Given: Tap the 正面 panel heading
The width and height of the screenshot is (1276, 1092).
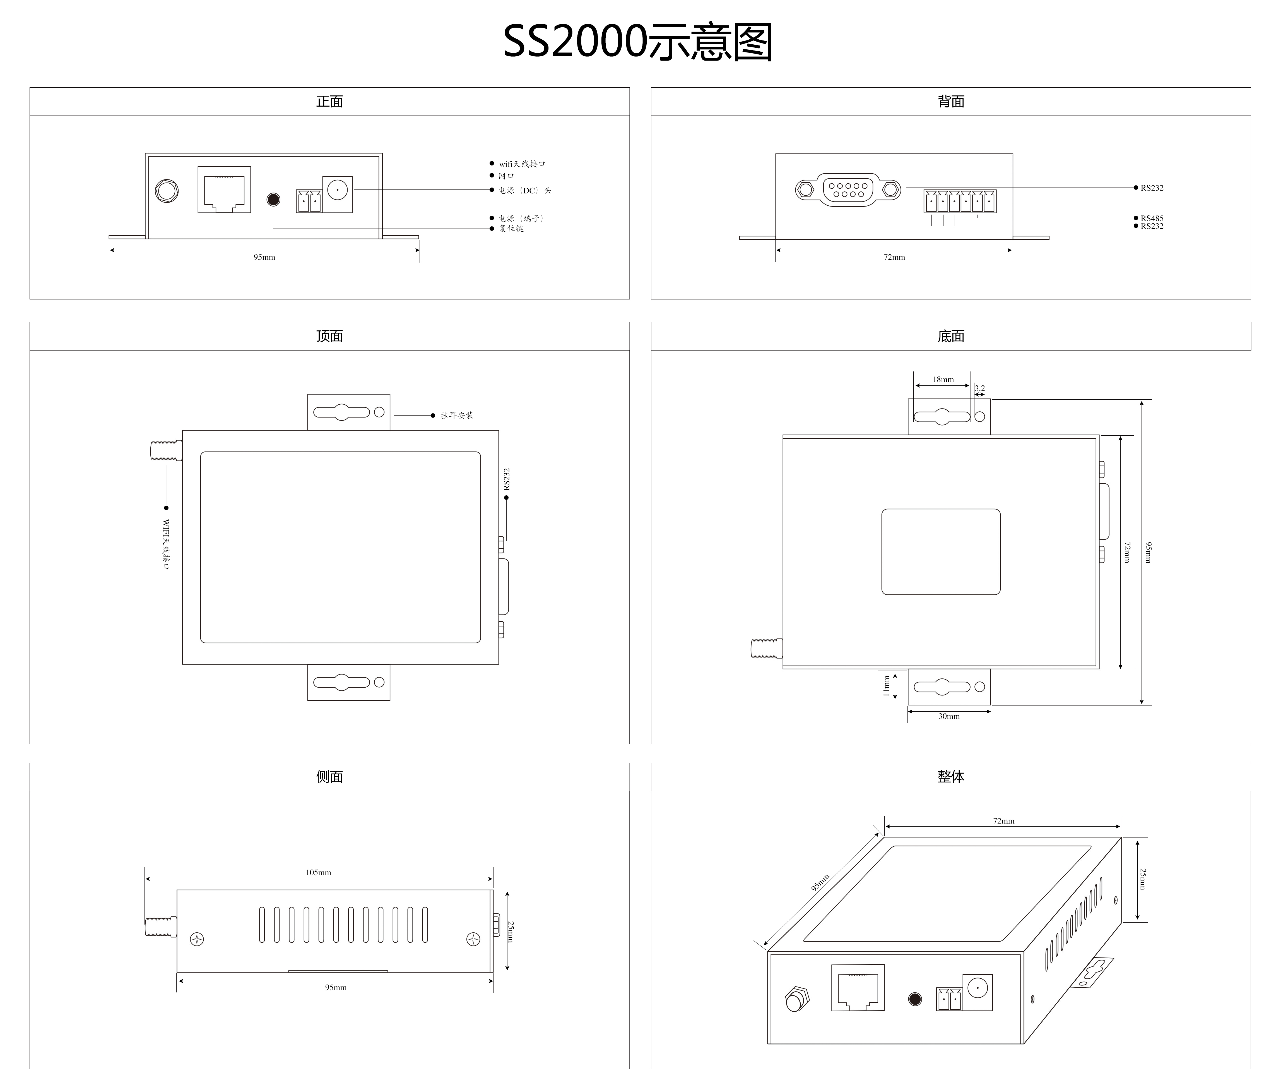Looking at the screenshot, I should click(329, 102).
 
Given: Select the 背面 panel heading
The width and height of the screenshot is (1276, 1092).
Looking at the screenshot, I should click(951, 102).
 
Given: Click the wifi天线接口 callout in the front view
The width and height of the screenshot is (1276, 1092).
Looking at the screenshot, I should click(522, 164).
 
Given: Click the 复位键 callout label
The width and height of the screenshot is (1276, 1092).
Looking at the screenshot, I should click(511, 229).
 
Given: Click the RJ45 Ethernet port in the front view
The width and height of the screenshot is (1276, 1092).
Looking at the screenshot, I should click(224, 190).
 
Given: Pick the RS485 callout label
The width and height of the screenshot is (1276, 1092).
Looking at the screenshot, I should click(1152, 218).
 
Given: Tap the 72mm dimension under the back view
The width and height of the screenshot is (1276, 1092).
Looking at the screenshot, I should click(894, 258).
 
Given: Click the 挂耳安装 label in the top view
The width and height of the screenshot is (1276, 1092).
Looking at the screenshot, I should click(457, 416).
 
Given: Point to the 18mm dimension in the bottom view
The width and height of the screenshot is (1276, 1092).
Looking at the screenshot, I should click(943, 380).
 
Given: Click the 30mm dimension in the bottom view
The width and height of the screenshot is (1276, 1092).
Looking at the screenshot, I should click(949, 716).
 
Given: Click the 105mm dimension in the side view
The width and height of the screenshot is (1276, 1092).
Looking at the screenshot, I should click(318, 872).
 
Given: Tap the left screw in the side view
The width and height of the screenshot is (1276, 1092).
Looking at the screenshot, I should click(197, 939).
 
